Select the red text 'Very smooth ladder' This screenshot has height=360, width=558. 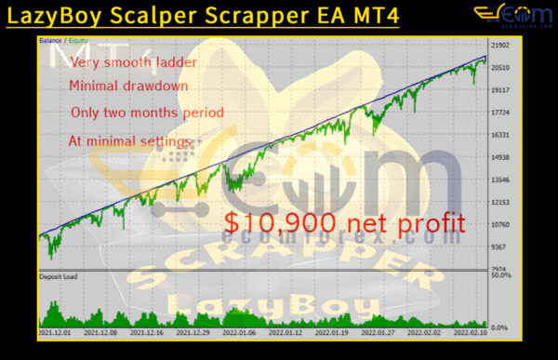pos(120,63)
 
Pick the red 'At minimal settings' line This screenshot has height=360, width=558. pos(129,141)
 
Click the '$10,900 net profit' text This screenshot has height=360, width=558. pos(343,223)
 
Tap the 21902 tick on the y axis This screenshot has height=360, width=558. pos(501,46)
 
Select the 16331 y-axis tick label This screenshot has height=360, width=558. pos(501,135)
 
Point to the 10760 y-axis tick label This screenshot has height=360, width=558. pos(501,224)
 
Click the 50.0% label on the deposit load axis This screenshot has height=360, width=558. pos(501,276)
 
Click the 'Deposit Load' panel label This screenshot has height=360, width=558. pos(59,277)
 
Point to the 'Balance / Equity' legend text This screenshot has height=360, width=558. pos(60,41)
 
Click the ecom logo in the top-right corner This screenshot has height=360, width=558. pos(506,16)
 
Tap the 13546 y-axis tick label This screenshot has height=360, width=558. pos(501,180)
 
